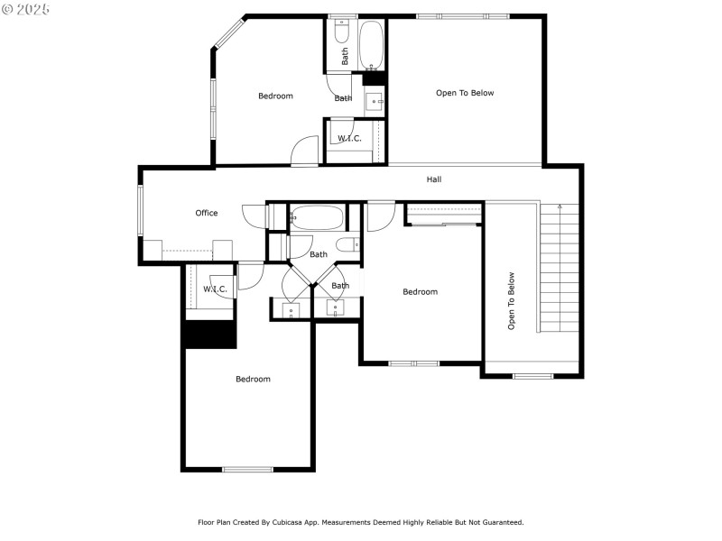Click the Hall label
click(x=434, y=179)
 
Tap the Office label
click(x=207, y=213)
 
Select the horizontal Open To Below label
click(x=465, y=93)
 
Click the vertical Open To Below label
click(x=511, y=300)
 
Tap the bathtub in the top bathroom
click(x=371, y=44)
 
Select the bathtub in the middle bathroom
click(x=317, y=218)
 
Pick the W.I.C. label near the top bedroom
click(x=349, y=138)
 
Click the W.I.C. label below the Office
click(x=214, y=289)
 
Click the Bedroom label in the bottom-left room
click(x=253, y=379)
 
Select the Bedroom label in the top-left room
click(x=275, y=96)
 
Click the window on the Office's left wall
click(x=140, y=211)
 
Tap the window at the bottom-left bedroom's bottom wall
click(x=247, y=469)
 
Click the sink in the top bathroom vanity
click(x=374, y=102)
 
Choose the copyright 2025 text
click(x=26, y=9)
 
